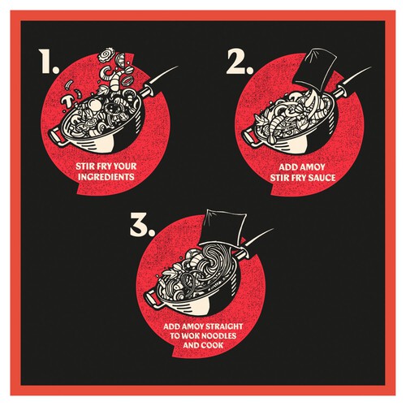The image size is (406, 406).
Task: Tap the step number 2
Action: click(x=240, y=62)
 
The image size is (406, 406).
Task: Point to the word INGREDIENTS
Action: click(x=106, y=177)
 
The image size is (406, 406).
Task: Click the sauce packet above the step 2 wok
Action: click(x=316, y=69)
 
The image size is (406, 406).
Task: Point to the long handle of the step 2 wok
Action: click(x=352, y=80)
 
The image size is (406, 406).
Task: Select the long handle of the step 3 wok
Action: click(x=253, y=243)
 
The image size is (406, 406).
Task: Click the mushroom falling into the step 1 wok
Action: click(x=67, y=101)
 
